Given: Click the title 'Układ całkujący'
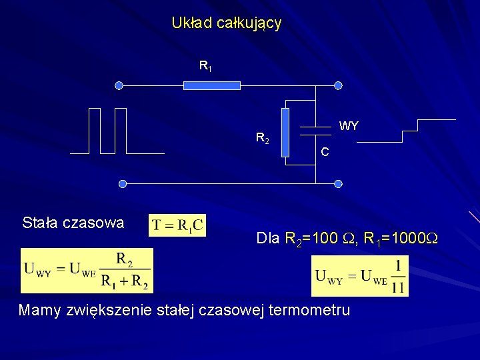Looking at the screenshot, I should point(226,23).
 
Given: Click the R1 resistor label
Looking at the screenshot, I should point(205,66).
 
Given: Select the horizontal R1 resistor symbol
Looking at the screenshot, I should point(212,85).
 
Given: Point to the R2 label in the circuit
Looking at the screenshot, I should point(263,139).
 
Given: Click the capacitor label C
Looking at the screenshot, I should point(324,152).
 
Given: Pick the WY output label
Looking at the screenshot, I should point(349,126).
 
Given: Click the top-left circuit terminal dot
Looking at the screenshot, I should point(119,85).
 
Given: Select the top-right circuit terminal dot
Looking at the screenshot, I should point(338,85).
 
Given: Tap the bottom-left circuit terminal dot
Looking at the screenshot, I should point(122,183).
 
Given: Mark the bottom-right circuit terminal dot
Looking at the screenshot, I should point(338,183).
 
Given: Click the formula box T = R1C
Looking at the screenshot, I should point(177,225).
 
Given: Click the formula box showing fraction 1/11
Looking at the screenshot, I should point(360,276).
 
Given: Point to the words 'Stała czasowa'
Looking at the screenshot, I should point(73,223).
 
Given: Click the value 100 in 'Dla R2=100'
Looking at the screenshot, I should point(324,238).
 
